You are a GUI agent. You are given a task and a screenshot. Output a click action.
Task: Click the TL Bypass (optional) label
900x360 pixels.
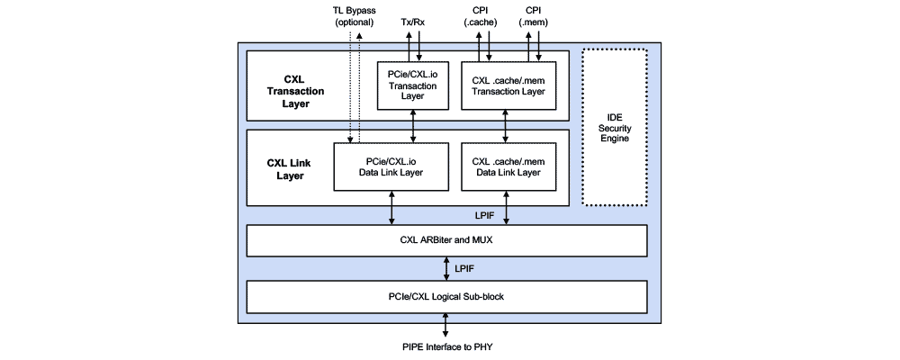pyautogui.click(x=354, y=16)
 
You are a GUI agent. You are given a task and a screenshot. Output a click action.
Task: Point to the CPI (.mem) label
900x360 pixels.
pyautogui.click(x=532, y=16)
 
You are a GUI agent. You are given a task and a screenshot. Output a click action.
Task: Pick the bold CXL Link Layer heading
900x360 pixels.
pyautogui.click(x=288, y=169)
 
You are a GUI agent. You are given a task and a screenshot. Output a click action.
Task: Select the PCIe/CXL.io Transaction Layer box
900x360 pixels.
pyautogui.click(x=413, y=85)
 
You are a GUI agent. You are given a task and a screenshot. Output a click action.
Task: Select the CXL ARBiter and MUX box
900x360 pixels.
pyautogui.click(x=446, y=240)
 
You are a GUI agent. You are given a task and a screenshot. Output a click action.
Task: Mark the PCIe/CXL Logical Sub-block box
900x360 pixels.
pyautogui.click(x=446, y=294)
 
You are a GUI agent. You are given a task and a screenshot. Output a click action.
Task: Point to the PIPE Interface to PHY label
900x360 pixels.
pyautogui.click(x=446, y=346)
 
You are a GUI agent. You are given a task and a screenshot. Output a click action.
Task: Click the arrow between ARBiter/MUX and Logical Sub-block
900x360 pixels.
pyautogui.click(x=447, y=267)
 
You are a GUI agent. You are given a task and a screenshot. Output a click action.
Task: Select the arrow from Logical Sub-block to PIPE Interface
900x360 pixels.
pyautogui.click(x=447, y=322)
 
